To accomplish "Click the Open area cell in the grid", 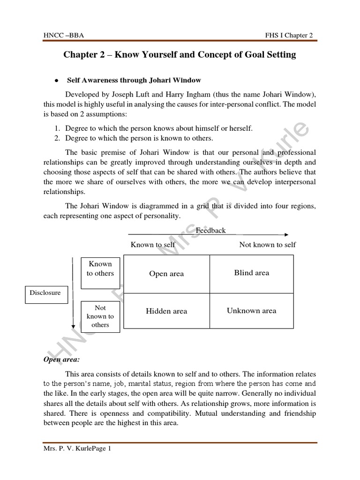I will pyautogui.click(x=166, y=274).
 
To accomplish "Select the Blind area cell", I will pyautogui.click(x=252, y=273).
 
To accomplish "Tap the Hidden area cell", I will pyautogui.click(x=166, y=311).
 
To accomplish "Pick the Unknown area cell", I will pyautogui.click(x=252, y=310).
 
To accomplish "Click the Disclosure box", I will pyautogui.click(x=45, y=293).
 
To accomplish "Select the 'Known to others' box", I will pyautogui.click(x=100, y=269).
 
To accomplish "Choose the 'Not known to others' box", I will pyautogui.click(x=100, y=316).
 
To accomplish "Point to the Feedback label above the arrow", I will pyautogui.click(x=210, y=230).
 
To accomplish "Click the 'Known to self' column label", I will pyautogui.click(x=153, y=244).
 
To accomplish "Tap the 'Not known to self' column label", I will pyautogui.click(x=268, y=244).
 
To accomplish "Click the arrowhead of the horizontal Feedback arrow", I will pyautogui.click(x=286, y=235).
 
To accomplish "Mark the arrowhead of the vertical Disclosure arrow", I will pyautogui.click(x=73, y=327).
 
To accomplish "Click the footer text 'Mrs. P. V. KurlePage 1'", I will pyautogui.click(x=77, y=449).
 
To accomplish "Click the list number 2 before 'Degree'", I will pyautogui.click(x=55, y=138).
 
